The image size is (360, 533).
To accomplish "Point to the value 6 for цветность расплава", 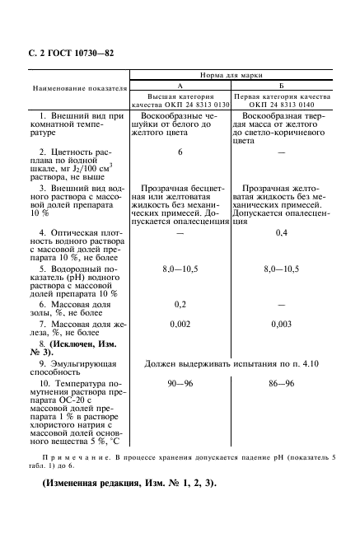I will [180, 152].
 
